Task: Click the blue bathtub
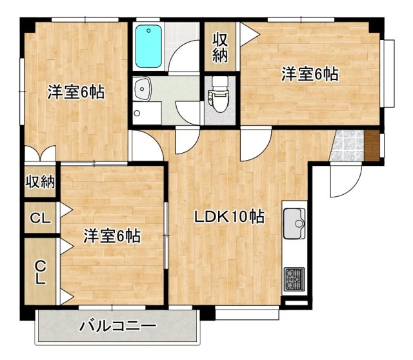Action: pyautogui.click(x=150, y=46)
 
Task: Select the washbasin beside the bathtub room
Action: pyautogui.click(x=143, y=89)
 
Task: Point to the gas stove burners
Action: pyautogui.click(x=294, y=278)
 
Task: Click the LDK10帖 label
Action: pyautogui.click(x=229, y=217)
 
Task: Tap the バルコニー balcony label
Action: pyautogui.click(x=117, y=326)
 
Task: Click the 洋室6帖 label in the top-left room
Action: pyautogui.click(x=76, y=92)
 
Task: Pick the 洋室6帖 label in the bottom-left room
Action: pyautogui.click(x=112, y=236)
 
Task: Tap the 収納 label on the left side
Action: pyautogui.click(x=40, y=182)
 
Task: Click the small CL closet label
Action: pyautogui.click(x=40, y=219)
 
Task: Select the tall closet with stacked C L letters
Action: pyautogui.click(x=40, y=272)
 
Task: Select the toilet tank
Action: pyautogui.click(x=221, y=82)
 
